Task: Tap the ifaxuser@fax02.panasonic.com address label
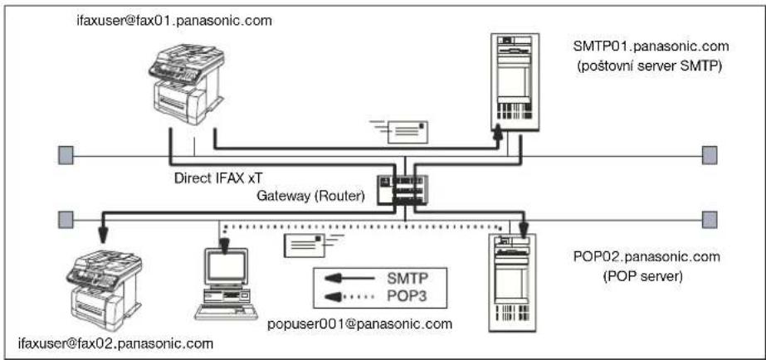pyautogui.click(x=115, y=343)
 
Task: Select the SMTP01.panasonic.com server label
pyautogui.click(x=651, y=47)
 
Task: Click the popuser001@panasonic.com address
pyautogui.click(x=359, y=324)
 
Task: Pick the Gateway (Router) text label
pyautogui.click(x=310, y=197)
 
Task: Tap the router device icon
pyautogui.click(x=403, y=190)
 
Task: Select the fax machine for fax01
pyautogui.click(x=187, y=83)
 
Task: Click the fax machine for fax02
pyautogui.click(x=105, y=289)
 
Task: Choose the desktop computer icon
pyautogui.click(x=226, y=284)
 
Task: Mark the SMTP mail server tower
pyautogui.click(x=515, y=81)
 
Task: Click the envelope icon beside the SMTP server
pyautogui.click(x=401, y=132)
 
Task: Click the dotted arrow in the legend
pyautogui.click(x=349, y=296)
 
